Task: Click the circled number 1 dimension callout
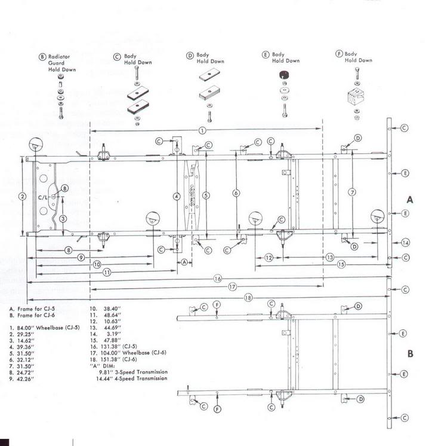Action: [x=203, y=130]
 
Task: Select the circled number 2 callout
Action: [x=22, y=196]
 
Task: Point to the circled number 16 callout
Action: [x=217, y=279]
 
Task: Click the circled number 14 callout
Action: [x=405, y=243]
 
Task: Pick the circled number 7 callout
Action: [x=353, y=192]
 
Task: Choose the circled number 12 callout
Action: [x=270, y=257]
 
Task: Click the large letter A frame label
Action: [x=410, y=199]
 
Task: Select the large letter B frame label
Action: [x=410, y=354]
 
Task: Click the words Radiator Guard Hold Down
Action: [x=58, y=63]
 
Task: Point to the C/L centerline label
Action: [x=43, y=196]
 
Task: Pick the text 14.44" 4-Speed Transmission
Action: [x=134, y=379]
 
